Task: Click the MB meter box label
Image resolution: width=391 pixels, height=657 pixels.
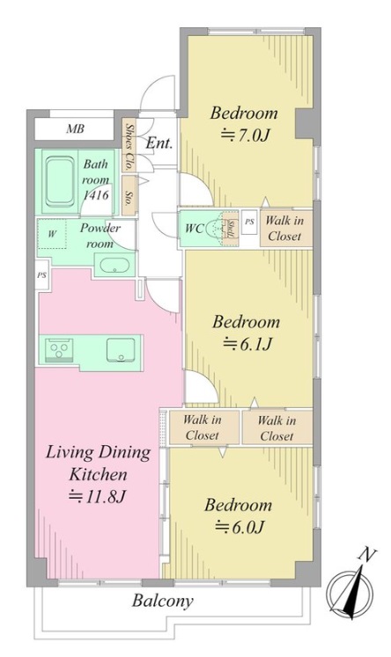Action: coord(75,128)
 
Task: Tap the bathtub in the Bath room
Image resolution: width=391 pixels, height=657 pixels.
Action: coord(60,181)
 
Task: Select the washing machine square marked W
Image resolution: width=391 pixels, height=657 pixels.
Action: coord(52,234)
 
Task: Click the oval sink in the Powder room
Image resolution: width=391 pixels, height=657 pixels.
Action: coord(114,266)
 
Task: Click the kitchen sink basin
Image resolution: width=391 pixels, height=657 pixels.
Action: coord(121,349)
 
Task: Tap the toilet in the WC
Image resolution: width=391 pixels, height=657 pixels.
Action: coord(218,229)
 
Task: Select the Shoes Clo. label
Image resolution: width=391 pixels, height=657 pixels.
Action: coord(129,146)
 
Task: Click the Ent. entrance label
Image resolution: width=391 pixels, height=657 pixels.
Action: coord(159,143)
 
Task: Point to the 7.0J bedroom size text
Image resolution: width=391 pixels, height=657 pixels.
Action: coord(245,135)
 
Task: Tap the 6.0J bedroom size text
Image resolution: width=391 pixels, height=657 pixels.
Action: coord(240,527)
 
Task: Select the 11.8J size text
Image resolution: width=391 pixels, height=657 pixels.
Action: coord(98,496)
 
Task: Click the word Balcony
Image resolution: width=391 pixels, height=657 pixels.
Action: coord(163,601)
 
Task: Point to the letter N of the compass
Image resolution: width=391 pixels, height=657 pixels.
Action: coord(366,556)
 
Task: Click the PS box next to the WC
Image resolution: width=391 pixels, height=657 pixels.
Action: coord(249,222)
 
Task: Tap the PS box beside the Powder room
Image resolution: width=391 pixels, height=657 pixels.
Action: coord(41,275)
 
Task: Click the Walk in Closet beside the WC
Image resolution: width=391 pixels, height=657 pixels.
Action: coord(285,228)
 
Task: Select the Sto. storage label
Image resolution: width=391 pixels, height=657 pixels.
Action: coord(129,195)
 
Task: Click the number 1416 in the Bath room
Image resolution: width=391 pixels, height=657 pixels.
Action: coord(96,194)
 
